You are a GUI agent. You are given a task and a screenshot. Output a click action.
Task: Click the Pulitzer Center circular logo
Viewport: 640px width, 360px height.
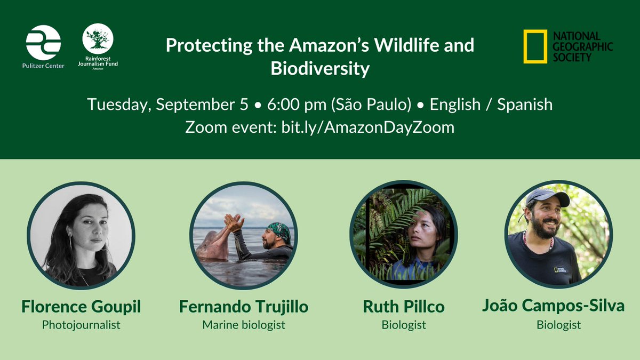[43, 42]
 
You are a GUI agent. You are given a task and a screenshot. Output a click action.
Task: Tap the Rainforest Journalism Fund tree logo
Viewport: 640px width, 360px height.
[98, 38]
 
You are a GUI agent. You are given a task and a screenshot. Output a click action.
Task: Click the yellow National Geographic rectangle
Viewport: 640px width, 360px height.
[534, 46]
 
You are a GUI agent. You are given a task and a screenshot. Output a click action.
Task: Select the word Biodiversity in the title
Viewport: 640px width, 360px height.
[320, 68]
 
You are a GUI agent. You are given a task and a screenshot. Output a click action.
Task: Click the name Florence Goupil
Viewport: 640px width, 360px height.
[82, 307]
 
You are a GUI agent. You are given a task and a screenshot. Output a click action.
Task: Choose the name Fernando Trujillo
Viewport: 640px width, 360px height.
[244, 307]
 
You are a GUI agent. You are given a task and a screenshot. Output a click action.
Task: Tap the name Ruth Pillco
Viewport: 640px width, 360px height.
[404, 307]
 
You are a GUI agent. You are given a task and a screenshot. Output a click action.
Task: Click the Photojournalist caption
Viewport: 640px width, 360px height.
[82, 324]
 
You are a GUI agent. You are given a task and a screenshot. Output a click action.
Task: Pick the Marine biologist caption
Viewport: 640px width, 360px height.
[244, 324]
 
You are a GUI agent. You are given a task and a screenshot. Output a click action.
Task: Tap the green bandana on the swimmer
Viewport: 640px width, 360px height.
[279, 231]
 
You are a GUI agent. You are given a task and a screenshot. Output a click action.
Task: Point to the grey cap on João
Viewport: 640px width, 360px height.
[544, 196]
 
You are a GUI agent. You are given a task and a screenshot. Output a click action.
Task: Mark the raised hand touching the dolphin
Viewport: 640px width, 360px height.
[233, 221]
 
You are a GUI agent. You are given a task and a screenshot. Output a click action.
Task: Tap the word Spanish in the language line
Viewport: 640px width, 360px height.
[525, 104]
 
